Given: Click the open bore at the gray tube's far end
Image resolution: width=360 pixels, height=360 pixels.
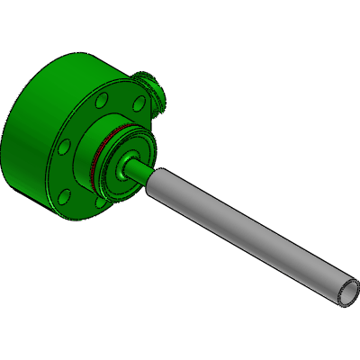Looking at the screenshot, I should pyautogui.click(x=348, y=292).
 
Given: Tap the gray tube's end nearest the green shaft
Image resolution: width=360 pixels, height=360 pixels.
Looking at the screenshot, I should pyautogui.click(x=153, y=179).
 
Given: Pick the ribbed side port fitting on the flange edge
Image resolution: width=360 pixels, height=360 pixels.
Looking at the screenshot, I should pyautogui.click(x=153, y=92).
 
